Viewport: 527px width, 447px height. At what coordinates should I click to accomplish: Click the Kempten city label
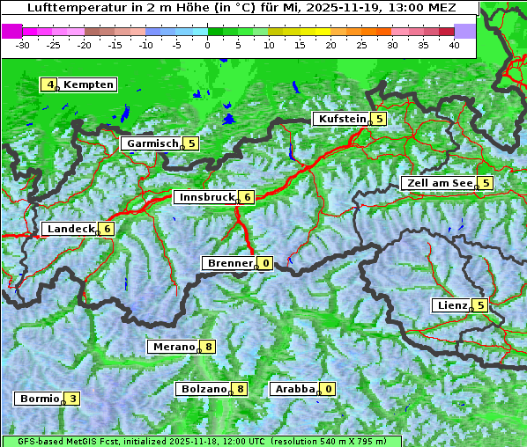tap(88, 84)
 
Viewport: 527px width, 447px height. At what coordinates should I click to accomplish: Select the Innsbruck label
tap(204, 197)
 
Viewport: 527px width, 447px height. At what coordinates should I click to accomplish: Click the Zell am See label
tap(438, 183)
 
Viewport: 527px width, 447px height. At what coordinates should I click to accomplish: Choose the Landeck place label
tap(70, 229)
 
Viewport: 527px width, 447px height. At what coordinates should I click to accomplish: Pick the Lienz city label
tap(451, 305)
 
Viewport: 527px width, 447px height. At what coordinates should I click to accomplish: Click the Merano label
tap(172, 347)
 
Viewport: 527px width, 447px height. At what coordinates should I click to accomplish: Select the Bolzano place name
tap(204, 389)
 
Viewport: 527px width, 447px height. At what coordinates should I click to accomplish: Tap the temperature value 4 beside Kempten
tap(50, 84)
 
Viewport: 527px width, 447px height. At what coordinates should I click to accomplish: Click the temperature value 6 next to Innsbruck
tap(249, 197)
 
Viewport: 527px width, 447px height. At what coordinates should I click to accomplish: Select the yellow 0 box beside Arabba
tap(329, 389)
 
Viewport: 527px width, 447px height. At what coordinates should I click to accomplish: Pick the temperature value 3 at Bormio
tap(72, 399)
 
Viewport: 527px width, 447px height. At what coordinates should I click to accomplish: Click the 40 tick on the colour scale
tap(454, 44)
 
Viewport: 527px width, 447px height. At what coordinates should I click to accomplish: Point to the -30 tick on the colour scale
tap(23, 44)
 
